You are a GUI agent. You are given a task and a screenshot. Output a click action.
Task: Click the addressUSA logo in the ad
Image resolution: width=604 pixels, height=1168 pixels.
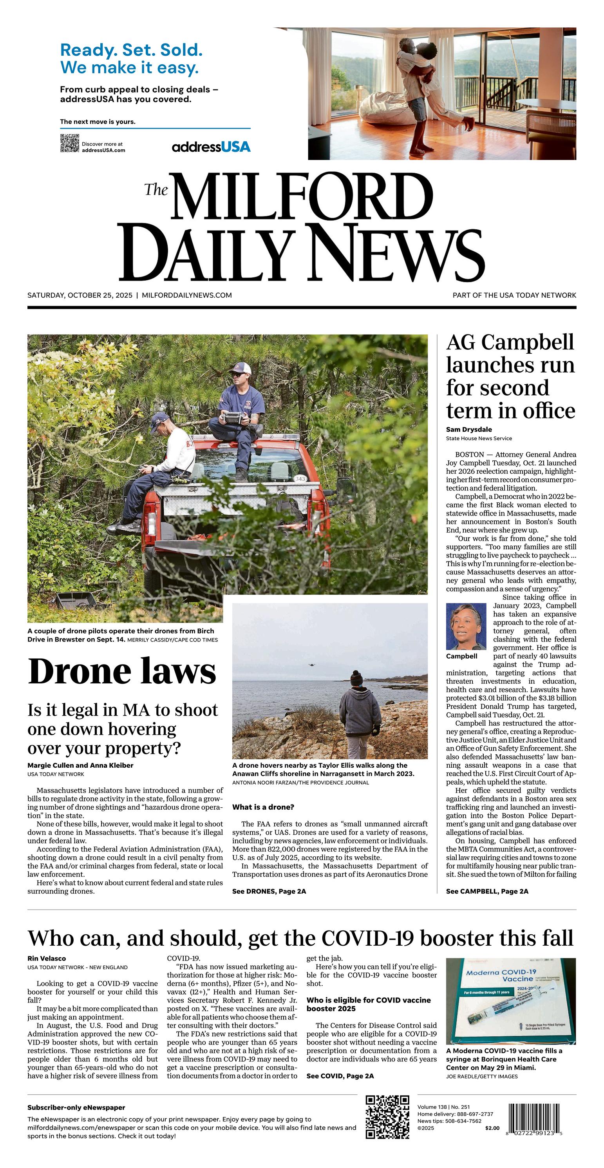coord(211,147)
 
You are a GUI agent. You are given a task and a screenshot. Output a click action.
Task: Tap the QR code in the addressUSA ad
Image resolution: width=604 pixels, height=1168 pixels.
coord(69,143)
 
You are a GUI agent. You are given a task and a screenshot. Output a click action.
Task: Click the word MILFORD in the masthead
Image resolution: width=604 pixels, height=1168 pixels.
coord(301,196)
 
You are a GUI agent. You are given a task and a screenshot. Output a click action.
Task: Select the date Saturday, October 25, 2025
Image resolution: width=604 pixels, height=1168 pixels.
coord(80,295)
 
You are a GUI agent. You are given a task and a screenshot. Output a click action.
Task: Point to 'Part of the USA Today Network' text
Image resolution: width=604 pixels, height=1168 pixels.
coord(514,295)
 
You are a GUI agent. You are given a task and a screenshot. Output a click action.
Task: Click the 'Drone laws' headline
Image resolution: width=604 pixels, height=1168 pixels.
coord(122,672)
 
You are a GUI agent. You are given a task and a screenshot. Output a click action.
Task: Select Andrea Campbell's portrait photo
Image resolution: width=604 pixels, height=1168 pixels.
coord(466,627)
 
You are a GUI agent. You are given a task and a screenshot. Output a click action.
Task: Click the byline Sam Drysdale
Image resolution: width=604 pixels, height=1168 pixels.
coord(468,429)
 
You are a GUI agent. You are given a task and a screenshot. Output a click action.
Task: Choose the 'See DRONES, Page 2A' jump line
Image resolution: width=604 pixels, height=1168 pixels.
coord(269,892)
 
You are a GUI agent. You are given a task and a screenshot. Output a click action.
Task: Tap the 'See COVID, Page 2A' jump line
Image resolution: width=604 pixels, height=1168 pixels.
coord(340,1076)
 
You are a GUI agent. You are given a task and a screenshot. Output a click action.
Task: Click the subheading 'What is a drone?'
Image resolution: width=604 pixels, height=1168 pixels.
coord(263,807)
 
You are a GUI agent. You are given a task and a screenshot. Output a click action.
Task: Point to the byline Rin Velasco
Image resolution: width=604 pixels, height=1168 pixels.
coord(47,959)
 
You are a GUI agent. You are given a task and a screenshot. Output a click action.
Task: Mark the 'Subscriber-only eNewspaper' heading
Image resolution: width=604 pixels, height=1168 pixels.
coord(76,1108)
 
